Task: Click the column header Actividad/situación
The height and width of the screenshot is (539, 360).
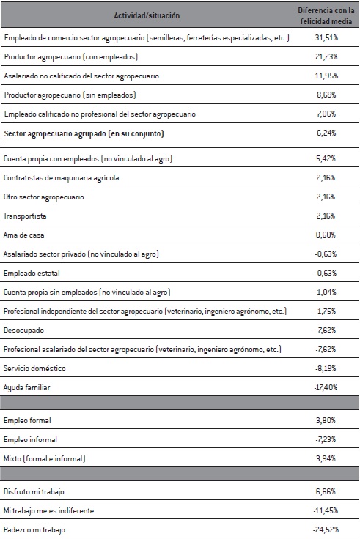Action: (147, 15)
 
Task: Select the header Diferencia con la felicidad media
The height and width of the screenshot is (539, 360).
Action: (326, 15)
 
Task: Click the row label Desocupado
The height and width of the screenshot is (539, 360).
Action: (23, 331)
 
